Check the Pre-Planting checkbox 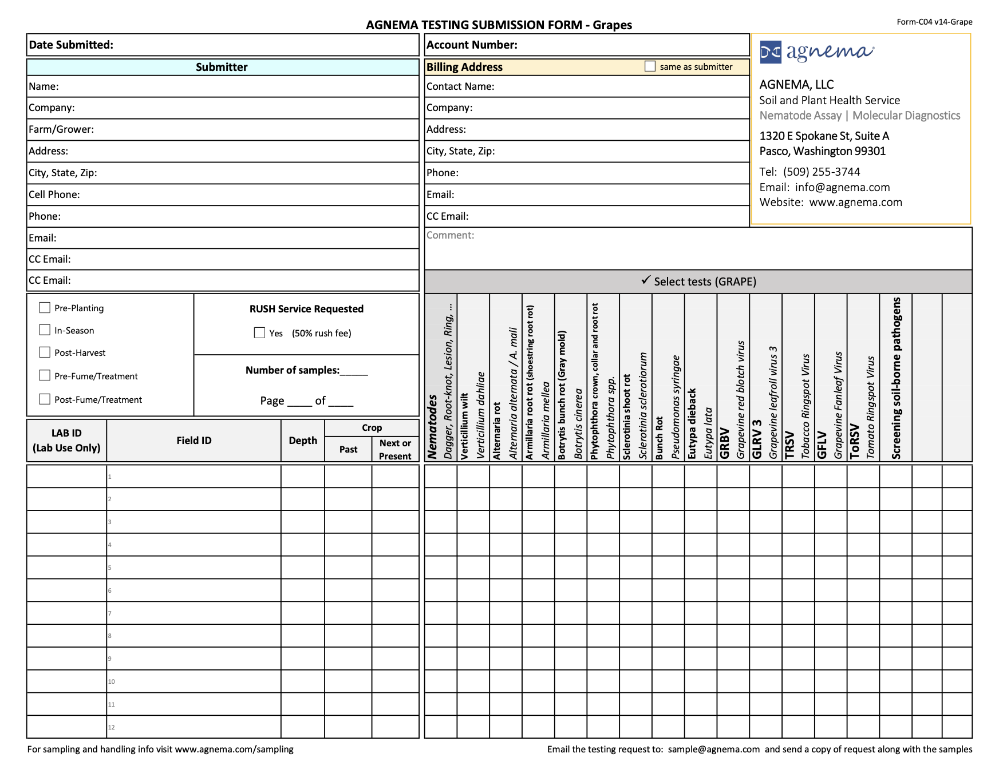pos(45,308)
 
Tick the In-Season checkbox pos(45,330)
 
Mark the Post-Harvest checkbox pos(45,352)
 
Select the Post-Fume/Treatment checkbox pos(45,399)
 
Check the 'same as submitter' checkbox pos(650,66)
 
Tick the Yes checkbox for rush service pos(259,333)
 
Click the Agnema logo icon pos(771,53)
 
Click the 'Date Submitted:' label pos(71,45)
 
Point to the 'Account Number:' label pos(472,45)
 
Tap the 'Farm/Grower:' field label pos(61,129)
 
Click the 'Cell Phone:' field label pos(54,195)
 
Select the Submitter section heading pos(222,67)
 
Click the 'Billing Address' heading pos(464,67)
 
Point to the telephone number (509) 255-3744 pos(822,172)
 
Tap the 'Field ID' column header pos(194,441)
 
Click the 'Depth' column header pos(303,441)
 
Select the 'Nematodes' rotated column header pos(433,426)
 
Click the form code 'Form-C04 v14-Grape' pos(934,22)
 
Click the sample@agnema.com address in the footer pos(713,749)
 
